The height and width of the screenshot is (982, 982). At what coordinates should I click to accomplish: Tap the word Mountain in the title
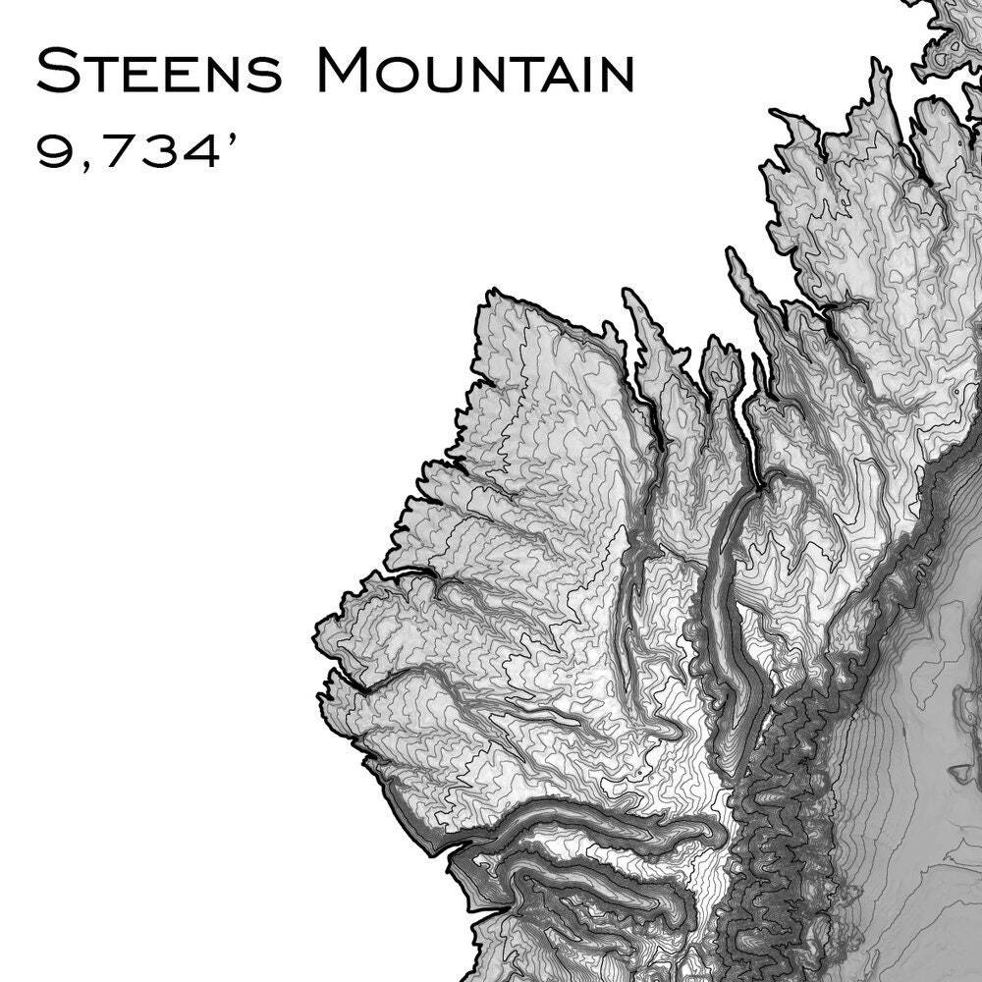pyautogui.click(x=476, y=72)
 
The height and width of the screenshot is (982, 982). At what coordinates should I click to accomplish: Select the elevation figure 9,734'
pyautogui.click(x=137, y=152)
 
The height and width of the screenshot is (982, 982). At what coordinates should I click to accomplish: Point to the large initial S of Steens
pyautogui.click(x=56, y=71)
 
